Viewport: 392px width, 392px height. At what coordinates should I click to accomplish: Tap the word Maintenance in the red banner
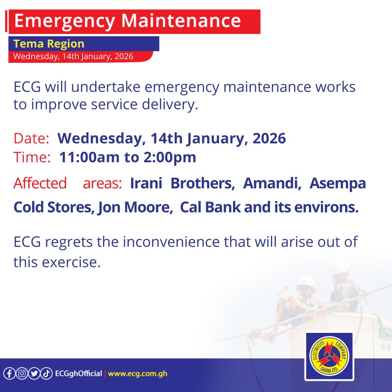(x=180, y=21)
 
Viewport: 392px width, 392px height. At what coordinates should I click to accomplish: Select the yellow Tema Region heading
(x=49, y=44)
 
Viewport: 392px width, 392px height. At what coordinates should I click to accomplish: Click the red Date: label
(x=31, y=139)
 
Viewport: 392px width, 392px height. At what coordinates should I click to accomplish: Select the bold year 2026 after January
(x=269, y=139)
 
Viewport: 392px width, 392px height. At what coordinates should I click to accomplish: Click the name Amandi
(x=272, y=184)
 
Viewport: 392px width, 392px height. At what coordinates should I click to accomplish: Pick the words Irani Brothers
(x=182, y=184)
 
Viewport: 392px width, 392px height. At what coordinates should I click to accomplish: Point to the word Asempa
(x=337, y=184)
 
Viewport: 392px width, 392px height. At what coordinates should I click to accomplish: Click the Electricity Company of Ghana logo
(x=328, y=356)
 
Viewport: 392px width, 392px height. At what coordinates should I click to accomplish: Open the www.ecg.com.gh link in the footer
(x=138, y=373)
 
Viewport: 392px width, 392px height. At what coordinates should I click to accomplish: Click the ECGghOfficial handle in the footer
(x=78, y=373)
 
